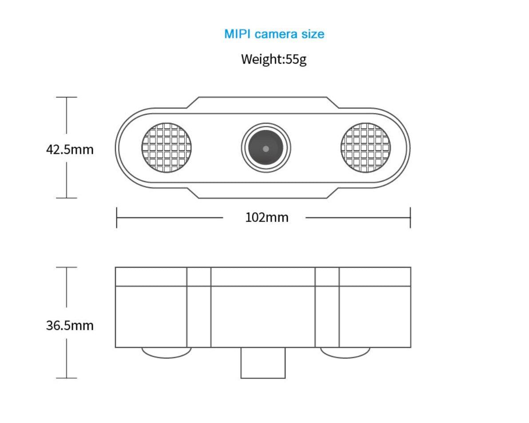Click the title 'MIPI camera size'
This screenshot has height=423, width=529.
274,34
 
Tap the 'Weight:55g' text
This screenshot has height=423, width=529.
274,59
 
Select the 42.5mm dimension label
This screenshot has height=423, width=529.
70,149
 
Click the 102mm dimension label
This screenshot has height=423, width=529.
266,218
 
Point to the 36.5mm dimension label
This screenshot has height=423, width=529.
70,325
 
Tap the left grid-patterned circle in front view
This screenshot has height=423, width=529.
167,148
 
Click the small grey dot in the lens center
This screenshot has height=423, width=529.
266,149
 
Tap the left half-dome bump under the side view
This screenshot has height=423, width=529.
167,352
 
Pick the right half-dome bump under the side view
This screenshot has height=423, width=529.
345,352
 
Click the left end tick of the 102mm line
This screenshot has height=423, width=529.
116,218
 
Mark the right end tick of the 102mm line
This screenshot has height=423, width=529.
410,218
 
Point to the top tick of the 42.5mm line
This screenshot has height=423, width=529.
67,97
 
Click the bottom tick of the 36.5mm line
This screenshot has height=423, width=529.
67,378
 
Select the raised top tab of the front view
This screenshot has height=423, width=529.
263,102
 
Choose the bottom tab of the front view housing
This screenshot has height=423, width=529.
263,193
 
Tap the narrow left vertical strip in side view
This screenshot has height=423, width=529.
199,307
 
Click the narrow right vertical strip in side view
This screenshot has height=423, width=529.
327,307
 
